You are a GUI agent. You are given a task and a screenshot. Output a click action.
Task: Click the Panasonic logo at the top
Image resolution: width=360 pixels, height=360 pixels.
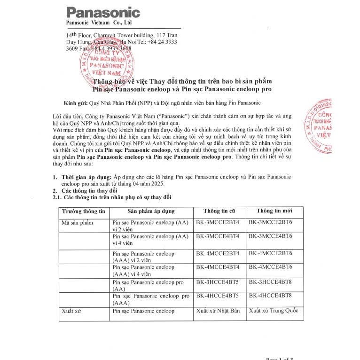103,12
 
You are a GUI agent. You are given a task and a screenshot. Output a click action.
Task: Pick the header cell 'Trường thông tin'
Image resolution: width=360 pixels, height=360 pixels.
84,211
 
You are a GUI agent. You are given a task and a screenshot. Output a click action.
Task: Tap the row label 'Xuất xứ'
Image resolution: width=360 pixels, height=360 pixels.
71,311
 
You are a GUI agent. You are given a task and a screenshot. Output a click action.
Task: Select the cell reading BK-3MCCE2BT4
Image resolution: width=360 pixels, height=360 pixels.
218,222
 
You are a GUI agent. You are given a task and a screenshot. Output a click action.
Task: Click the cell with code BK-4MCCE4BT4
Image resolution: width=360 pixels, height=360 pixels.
218,267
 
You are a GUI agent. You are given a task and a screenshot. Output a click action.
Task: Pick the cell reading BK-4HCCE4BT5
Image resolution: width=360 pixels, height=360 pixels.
218,296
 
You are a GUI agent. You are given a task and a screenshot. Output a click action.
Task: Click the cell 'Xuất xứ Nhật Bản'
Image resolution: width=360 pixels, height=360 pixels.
218,311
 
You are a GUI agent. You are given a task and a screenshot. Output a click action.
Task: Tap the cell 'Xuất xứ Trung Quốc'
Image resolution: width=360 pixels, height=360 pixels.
274,311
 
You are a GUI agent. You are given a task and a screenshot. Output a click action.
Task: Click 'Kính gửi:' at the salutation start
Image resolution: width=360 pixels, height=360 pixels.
75,102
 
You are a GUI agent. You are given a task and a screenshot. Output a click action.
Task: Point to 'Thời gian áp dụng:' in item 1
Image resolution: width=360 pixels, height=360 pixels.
86,176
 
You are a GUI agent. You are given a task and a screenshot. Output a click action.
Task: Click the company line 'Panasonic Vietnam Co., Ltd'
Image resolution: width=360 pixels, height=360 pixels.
99,23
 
